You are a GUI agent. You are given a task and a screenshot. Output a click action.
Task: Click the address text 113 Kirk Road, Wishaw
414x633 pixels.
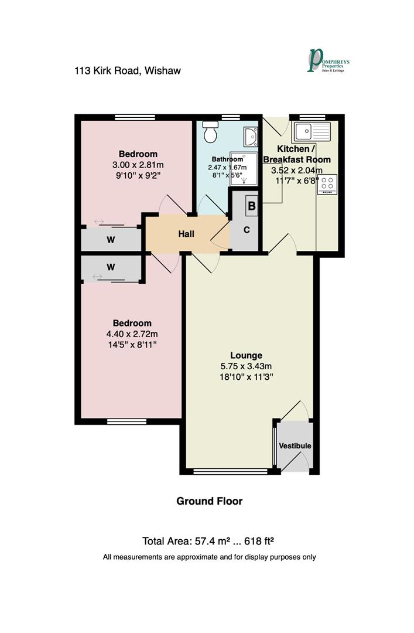128,71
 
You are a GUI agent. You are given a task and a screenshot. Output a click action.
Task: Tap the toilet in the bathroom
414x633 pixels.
210,134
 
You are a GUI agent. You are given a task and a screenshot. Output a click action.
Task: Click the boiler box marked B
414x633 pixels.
251,206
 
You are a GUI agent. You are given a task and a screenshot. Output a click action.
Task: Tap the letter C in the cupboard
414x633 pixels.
247,230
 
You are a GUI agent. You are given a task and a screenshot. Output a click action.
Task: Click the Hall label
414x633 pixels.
186,234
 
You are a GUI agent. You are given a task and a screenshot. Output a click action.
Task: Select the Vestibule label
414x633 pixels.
295,446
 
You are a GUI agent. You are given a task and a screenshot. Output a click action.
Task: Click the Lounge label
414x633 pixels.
246,355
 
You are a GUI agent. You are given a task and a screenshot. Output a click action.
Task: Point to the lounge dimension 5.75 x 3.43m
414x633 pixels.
246,367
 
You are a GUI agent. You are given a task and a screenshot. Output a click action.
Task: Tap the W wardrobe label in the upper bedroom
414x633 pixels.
110,240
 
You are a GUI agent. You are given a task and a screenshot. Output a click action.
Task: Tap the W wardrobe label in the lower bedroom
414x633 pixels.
110,268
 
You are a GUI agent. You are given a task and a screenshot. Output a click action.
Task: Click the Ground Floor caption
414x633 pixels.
210,501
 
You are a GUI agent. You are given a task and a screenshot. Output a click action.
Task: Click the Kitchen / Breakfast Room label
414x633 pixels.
296,154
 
